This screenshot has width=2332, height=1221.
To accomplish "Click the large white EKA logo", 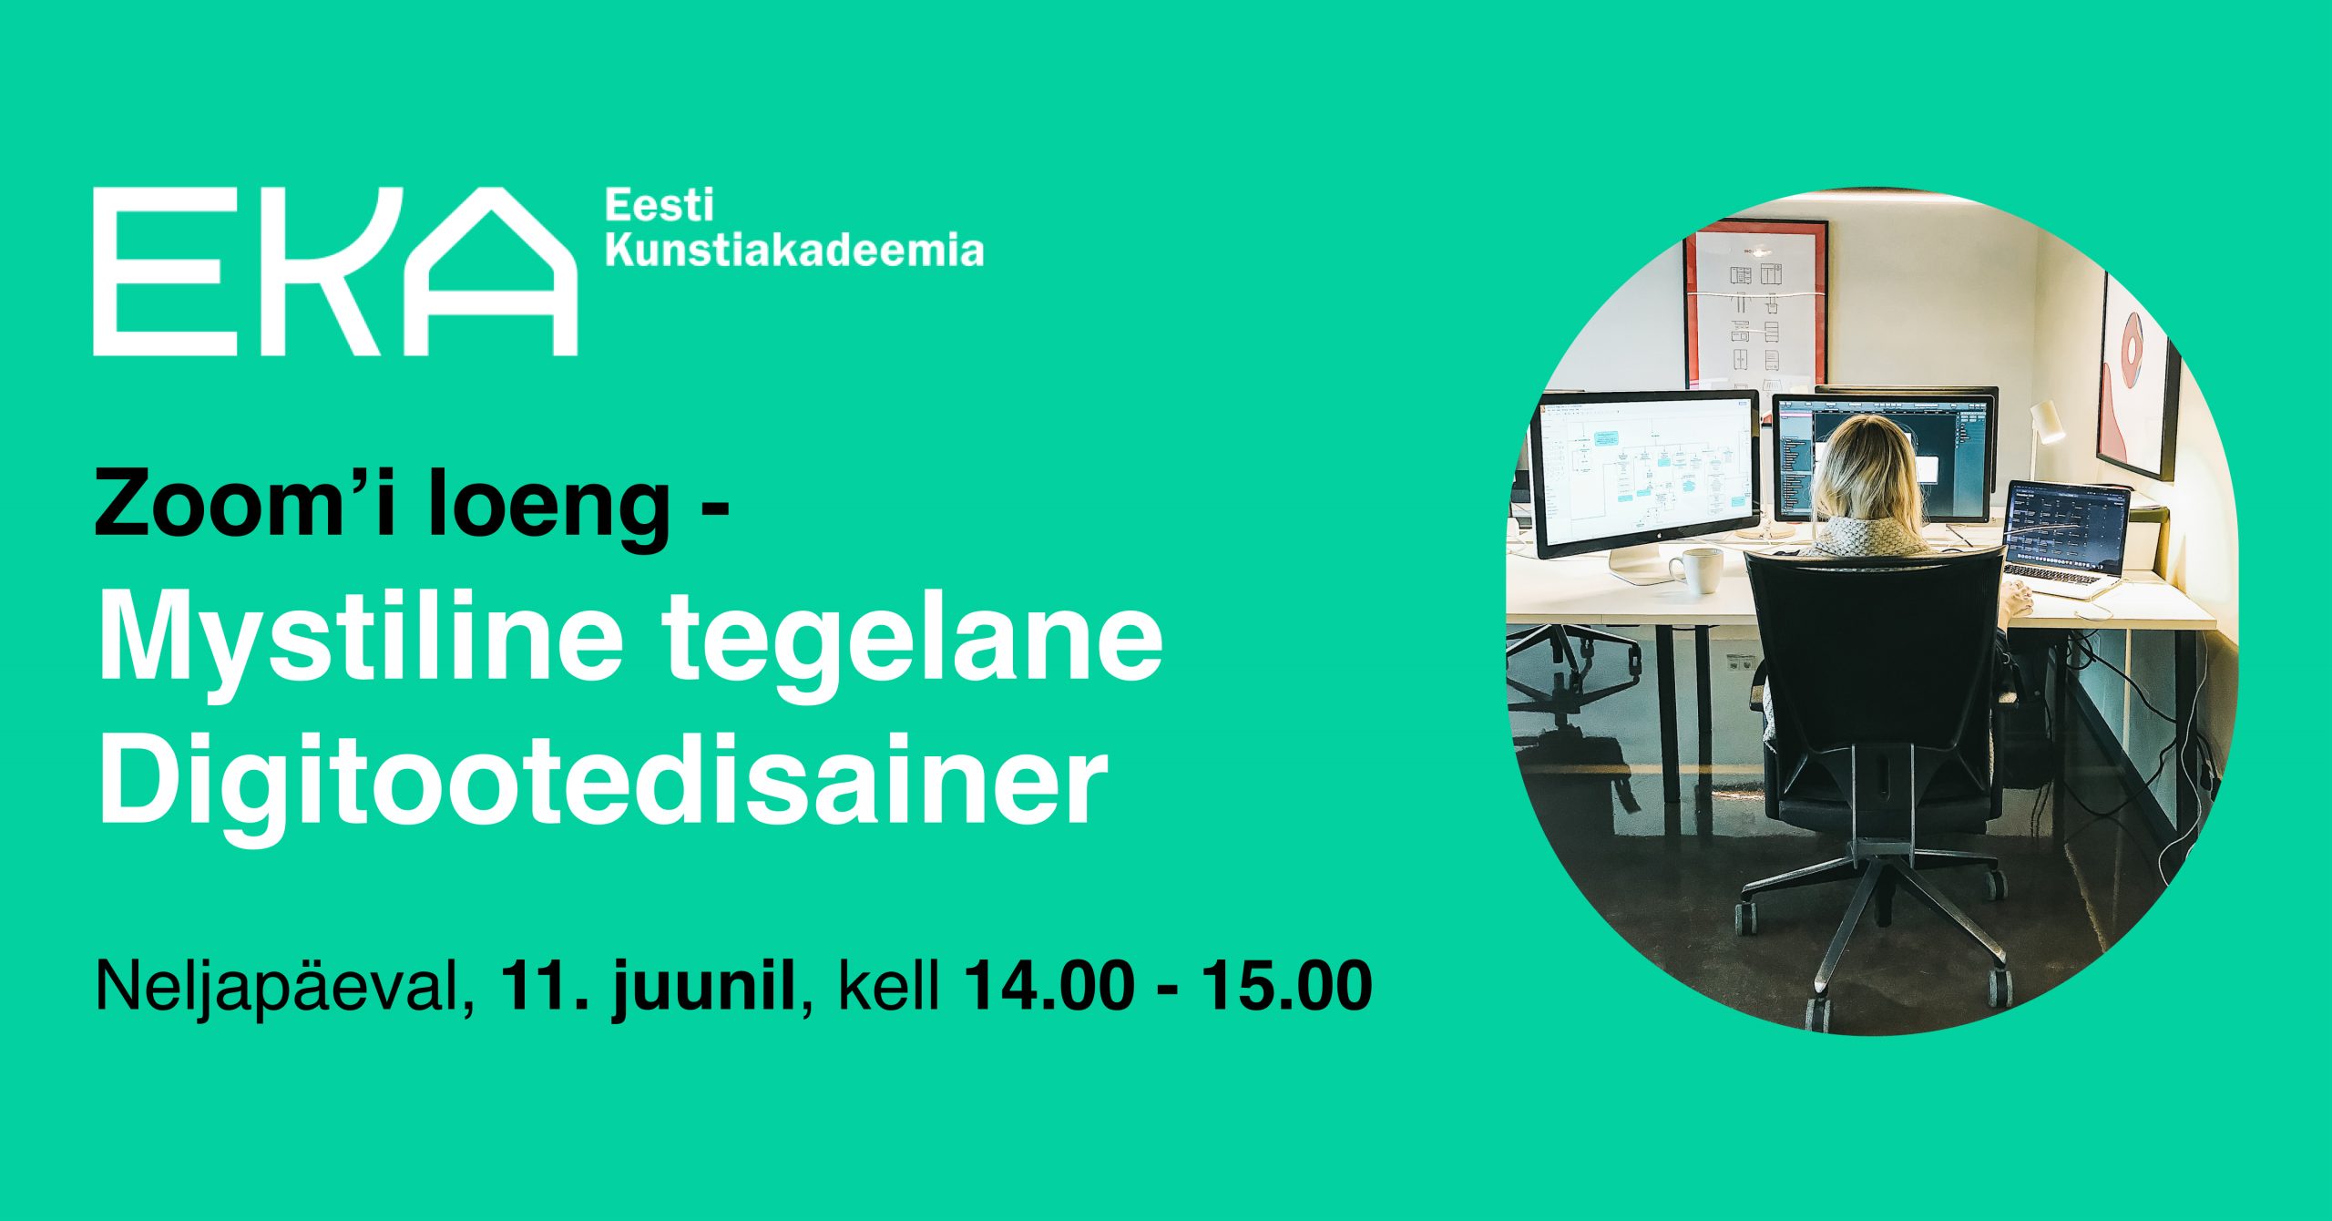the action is pos(335,271).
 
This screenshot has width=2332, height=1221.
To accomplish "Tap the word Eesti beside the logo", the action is pos(660,206).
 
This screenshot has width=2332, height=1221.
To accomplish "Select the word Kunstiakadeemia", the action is pos(794,251).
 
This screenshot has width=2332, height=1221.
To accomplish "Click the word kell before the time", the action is pos(888,985).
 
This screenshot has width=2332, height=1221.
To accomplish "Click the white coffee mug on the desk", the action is pos(1696,570).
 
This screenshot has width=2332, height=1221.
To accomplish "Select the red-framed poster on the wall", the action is pos(1754,306).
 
